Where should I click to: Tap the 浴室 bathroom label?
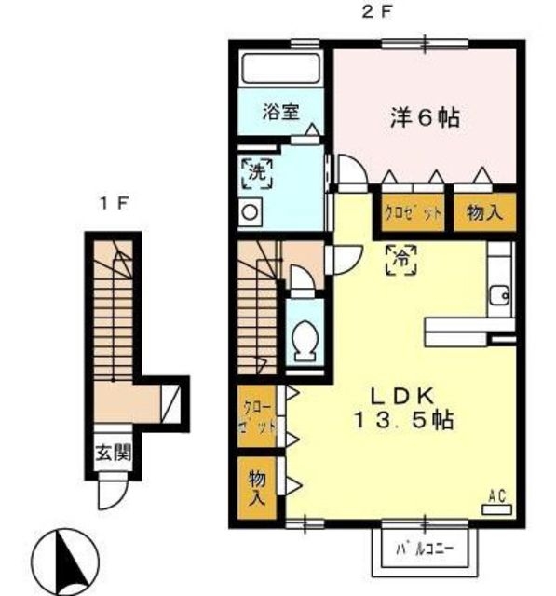click(x=280, y=112)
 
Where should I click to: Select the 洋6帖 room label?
click(x=425, y=117)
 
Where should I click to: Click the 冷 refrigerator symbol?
click(x=401, y=257)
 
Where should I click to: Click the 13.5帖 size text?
click(x=402, y=421)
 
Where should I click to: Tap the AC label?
click(x=496, y=496)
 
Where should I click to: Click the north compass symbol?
click(x=66, y=560)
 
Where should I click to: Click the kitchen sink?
click(x=499, y=296)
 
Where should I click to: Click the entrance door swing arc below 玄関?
click(x=112, y=491)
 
